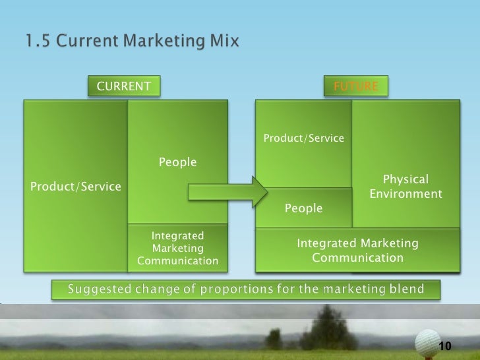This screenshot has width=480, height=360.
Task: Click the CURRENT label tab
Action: click(x=124, y=86)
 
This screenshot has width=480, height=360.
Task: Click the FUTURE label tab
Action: click(x=356, y=86)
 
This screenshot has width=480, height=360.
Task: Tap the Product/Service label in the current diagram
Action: click(x=76, y=187)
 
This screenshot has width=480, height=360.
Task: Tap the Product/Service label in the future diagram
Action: click(x=304, y=138)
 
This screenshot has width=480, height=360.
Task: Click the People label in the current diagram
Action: click(x=177, y=162)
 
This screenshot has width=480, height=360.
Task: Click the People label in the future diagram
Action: click(x=303, y=208)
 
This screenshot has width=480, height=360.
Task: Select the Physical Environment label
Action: click(x=405, y=187)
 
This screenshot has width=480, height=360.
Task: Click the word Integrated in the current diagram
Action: click(x=177, y=235)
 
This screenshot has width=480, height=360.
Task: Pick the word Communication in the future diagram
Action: click(x=357, y=256)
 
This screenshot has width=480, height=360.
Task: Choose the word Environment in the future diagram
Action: click(x=405, y=195)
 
